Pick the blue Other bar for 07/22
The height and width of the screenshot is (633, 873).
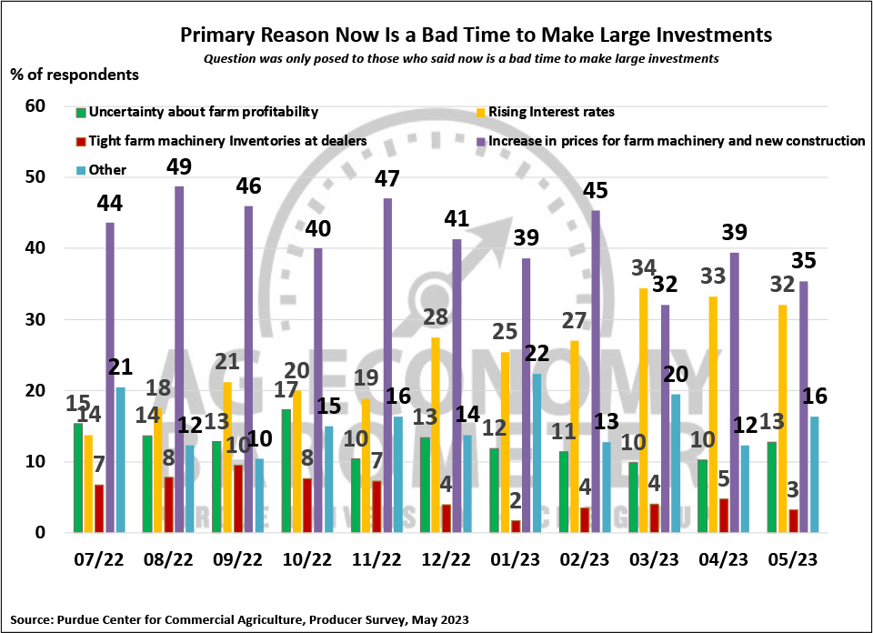tap(122, 459)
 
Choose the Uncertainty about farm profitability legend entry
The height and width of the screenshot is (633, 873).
tap(201, 112)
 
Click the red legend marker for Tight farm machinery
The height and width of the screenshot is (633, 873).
tap(81, 141)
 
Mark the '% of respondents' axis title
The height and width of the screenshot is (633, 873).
tap(75, 73)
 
